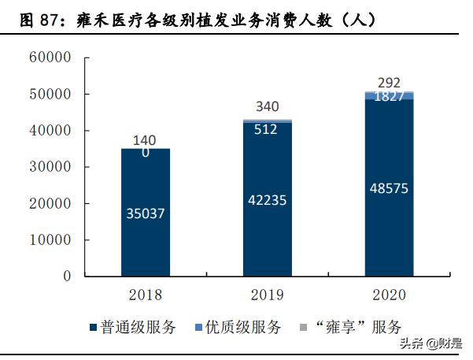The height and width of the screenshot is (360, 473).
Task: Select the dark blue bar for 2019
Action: point(267,236)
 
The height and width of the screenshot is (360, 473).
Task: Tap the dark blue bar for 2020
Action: point(390,236)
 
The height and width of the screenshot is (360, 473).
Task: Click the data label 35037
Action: point(146,213)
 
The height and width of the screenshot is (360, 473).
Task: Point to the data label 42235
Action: point(267,200)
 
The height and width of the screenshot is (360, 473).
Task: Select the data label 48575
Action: point(390,188)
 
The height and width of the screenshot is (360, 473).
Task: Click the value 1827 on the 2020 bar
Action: point(390,97)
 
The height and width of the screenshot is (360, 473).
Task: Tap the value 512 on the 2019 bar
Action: point(267,129)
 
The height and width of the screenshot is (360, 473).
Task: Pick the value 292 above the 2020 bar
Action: point(390,83)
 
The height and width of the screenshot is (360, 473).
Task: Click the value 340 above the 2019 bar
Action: point(267,107)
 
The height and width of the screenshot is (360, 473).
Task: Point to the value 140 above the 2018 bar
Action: point(146,140)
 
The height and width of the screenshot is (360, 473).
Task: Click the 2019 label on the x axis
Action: point(267,295)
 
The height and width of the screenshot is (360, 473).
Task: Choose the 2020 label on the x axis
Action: point(390,295)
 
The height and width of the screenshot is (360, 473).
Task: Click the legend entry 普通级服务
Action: point(138,328)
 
